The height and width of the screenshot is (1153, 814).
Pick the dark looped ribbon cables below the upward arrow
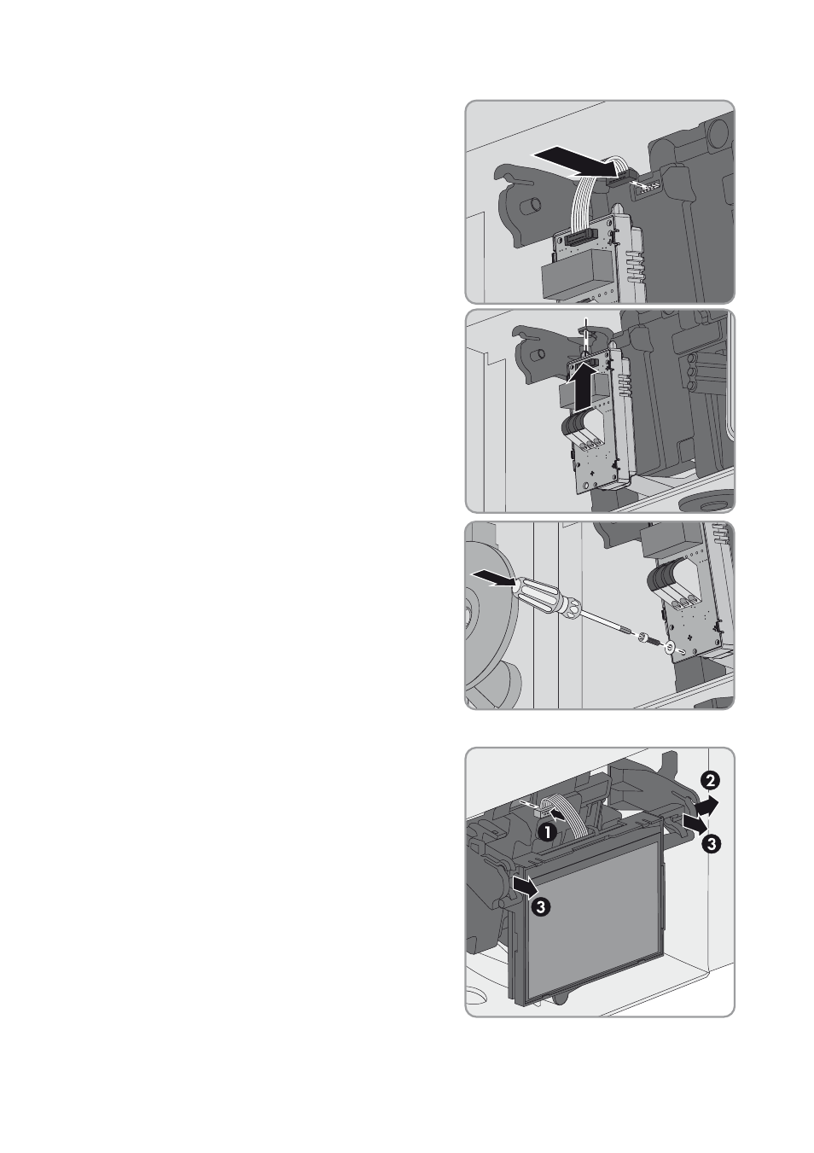tap(582, 431)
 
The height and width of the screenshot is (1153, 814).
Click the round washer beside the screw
tap(670, 649)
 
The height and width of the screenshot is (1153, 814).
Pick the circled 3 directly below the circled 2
tap(711, 843)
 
